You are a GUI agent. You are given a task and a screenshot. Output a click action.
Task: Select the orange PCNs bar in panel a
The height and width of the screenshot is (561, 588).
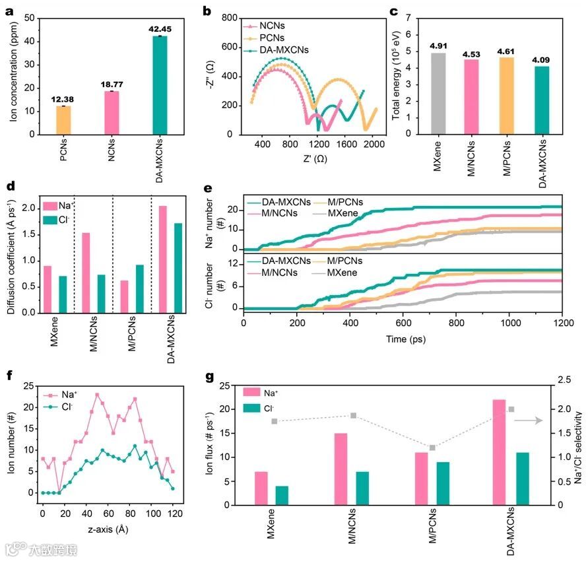pos(63,120)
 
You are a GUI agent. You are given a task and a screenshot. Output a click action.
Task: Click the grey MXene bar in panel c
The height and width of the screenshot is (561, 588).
pos(438,93)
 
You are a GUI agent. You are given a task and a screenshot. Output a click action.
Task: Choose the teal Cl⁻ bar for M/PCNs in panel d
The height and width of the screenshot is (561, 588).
pos(139,288)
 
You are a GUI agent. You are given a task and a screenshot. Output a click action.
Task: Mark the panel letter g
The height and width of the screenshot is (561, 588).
pos(209,377)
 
